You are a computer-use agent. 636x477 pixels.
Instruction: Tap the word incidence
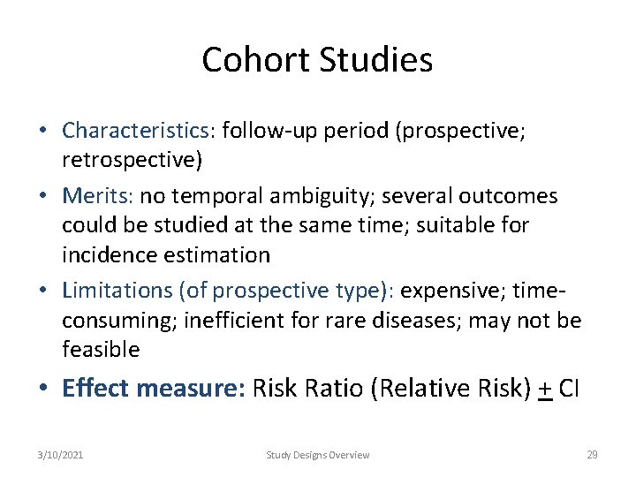pos(104,255)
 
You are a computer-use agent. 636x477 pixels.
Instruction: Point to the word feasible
pos(101,350)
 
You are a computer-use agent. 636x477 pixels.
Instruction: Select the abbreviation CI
pos(567,389)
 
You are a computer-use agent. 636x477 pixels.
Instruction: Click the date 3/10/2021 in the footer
pos(61,455)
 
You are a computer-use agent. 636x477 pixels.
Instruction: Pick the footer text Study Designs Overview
pos(318,455)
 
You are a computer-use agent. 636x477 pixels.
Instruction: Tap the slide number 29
pos(592,455)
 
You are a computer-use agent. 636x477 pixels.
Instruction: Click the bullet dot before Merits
pos(43,194)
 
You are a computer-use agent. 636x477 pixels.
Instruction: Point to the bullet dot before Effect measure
pos(43,389)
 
